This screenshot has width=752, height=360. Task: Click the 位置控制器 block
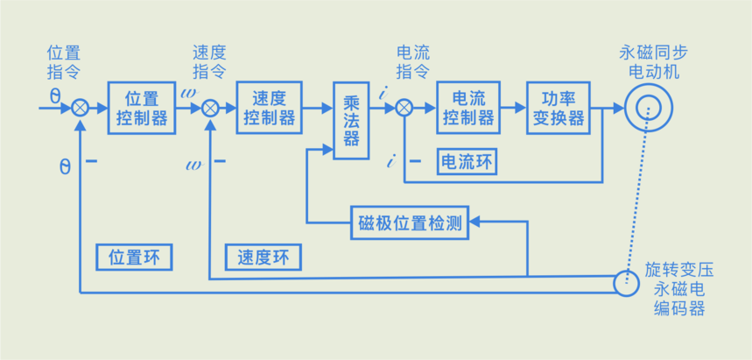140,108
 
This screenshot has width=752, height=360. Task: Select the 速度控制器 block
269,108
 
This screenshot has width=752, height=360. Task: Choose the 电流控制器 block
468,108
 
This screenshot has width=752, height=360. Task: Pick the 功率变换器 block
559,108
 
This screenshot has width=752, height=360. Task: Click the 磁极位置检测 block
410,221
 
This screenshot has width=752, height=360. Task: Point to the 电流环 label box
468,161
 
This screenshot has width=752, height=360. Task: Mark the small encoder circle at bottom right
627,282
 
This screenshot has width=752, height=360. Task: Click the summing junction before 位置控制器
80,108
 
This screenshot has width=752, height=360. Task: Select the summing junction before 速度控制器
210,108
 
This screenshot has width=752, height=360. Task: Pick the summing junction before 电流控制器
404,108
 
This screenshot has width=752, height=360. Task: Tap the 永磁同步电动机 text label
649,61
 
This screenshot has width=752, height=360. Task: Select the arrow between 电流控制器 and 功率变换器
513,108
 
